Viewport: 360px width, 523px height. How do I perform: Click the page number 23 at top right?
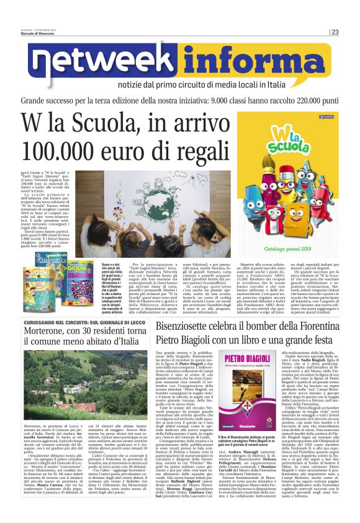point(351,32)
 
